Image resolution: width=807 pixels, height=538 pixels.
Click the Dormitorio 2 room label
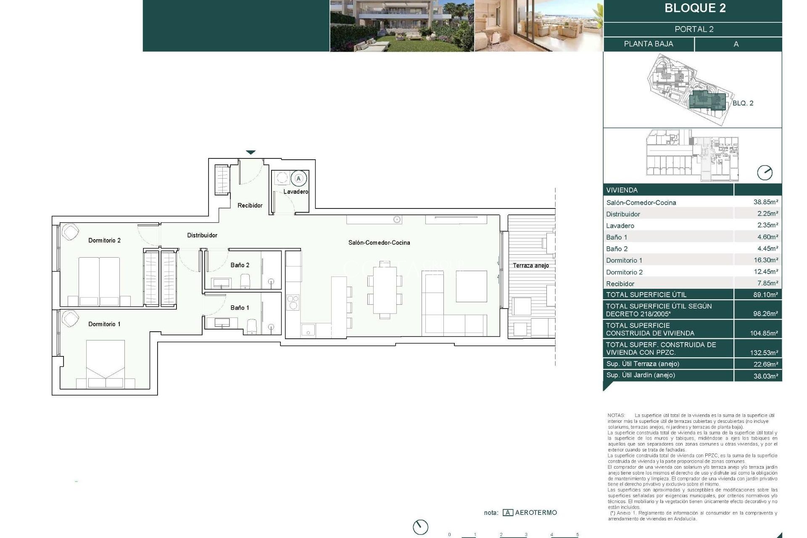click(x=104, y=240)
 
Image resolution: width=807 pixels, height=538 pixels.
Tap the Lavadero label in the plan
click(x=295, y=192)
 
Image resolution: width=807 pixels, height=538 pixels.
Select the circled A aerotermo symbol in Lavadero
click(x=298, y=179)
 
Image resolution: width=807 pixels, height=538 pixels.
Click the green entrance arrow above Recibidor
click(x=251, y=153)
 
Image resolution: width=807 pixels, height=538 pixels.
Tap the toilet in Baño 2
click(x=245, y=281)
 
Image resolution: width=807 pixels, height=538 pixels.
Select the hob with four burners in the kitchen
click(x=293, y=302)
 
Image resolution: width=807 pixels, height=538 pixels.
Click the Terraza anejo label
click(x=530, y=266)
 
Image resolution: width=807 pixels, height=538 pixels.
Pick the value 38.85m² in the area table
click(x=765, y=202)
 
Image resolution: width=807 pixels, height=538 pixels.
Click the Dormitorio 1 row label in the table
click(x=624, y=261)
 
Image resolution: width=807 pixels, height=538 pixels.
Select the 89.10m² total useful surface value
click(x=765, y=295)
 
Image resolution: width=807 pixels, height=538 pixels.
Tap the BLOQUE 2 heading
click(x=695, y=8)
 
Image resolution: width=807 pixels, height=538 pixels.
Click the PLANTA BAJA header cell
click(x=648, y=44)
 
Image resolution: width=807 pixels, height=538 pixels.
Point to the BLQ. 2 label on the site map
click(x=743, y=103)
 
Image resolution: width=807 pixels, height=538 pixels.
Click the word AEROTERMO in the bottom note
click(x=536, y=513)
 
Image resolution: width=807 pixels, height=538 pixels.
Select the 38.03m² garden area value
click(x=765, y=376)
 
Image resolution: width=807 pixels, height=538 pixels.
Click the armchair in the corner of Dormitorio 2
click(x=70, y=232)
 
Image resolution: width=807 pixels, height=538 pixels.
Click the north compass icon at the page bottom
click(x=420, y=527)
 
